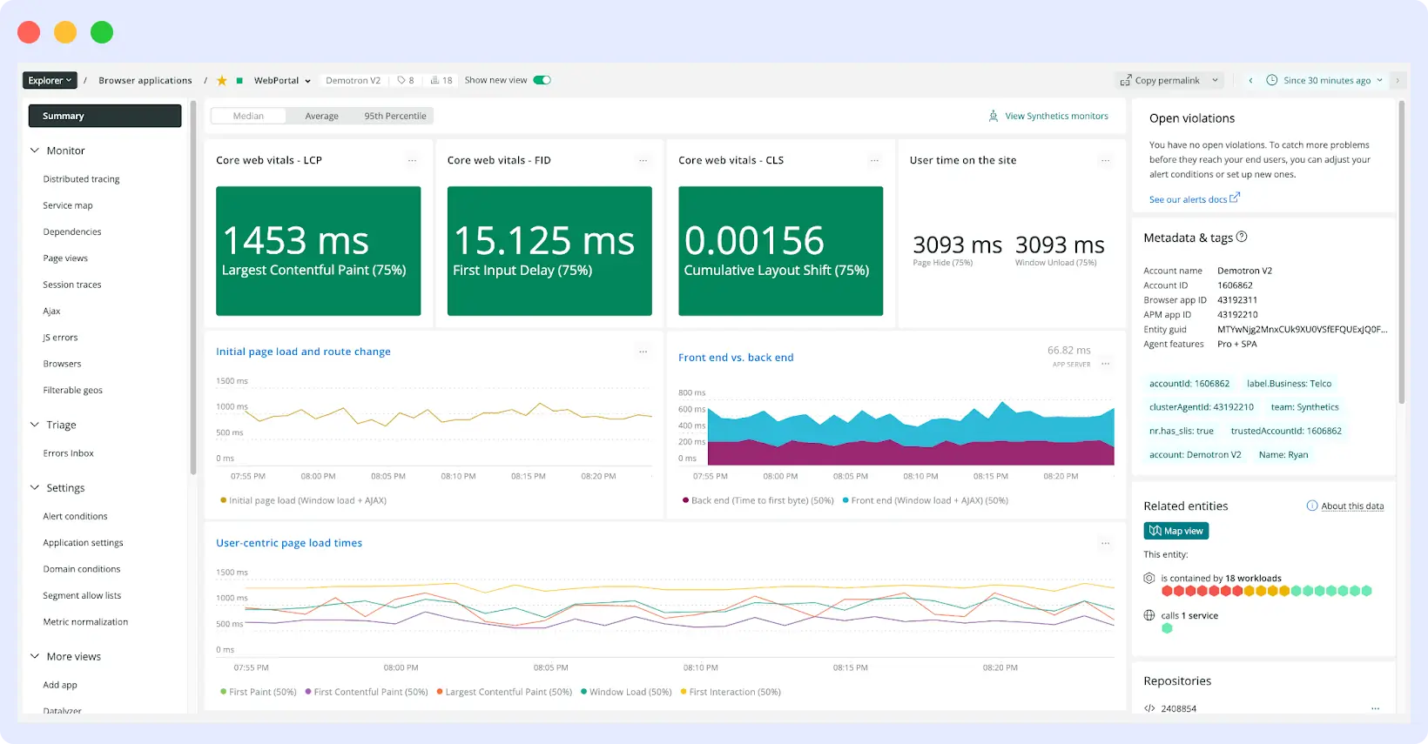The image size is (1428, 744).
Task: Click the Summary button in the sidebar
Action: pyautogui.click(x=104, y=116)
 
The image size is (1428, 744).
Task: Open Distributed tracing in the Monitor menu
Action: pyautogui.click(x=81, y=179)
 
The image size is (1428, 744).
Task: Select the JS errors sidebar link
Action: pyautogui.click(x=60, y=338)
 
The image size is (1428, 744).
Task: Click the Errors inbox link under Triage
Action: pyautogui.click(x=68, y=453)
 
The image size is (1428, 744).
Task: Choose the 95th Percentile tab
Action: pyautogui.click(x=394, y=116)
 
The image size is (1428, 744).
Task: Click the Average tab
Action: pyautogui.click(x=321, y=116)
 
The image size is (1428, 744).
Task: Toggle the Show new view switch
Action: pyautogui.click(x=542, y=80)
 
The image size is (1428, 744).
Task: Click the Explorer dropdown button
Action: pyautogui.click(x=50, y=80)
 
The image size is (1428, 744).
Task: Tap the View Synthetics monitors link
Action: pyautogui.click(x=1055, y=116)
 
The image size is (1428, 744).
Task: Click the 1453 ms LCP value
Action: pyautogui.click(x=296, y=241)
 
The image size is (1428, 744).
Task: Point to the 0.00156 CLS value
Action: pyautogui.click(x=754, y=241)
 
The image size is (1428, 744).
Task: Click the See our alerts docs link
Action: pyautogui.click(x=1189, y=199)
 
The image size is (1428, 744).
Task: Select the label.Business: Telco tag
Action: pyautogui.click(x=1289, y=384)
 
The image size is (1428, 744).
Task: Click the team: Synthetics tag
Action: pyautogui.click(x=1304, y=407)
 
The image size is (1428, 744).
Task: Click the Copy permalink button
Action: pyautogui.click(x=1167, y=80)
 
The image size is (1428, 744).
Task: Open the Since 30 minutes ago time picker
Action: pyautogui.click(x=1326, y=80)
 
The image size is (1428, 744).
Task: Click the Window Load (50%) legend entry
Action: pyautogui.click(x=630, y=692)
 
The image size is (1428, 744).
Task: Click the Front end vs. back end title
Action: pyautogui.click(x=736, y=358)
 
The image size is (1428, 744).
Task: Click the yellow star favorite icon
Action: pyautogui.click(x=222, y=80)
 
